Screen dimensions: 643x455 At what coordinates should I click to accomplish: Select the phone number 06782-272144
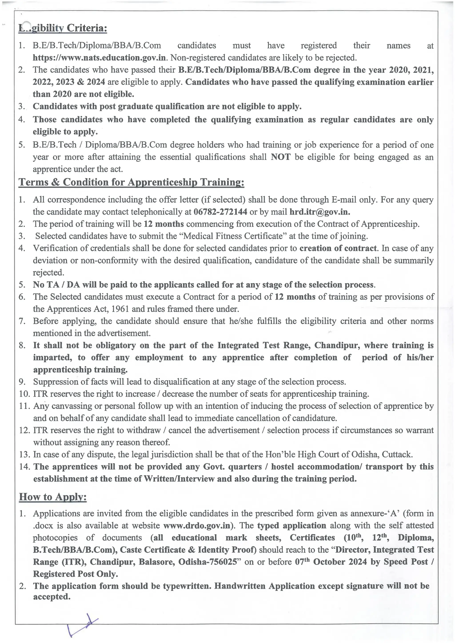tap(220, 212)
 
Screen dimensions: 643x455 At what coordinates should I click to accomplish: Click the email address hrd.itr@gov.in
tap(320, 212)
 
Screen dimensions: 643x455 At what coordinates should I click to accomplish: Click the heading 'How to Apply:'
tap(53, 497)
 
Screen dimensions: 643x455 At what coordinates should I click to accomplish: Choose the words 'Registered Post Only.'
tap(75, 574)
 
